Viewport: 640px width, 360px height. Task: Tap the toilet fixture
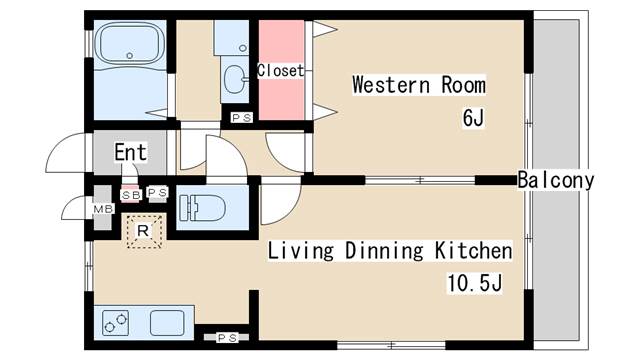click(x=202, y=208)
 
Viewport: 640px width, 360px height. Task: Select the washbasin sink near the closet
click(x=235, y=79)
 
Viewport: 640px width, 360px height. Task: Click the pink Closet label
click(x=280, y=71)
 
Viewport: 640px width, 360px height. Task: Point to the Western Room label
click(x=419, y=85)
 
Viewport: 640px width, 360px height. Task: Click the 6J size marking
click(x=473, y=118)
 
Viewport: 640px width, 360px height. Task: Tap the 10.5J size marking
click(x=475, y=283)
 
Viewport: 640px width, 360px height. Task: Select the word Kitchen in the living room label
click(x=473, y=250)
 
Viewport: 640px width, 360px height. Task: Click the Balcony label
click(x=556, y=180)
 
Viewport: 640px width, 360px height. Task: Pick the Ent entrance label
click(x=130, y=152)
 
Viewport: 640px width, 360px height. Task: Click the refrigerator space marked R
click(x=144, y=231)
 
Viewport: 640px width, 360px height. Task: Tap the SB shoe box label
click(x=131, y=196)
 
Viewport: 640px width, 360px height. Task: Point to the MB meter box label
click(x=103, y=209)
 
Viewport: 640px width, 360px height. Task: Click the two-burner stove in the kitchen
click(x=116, y=323)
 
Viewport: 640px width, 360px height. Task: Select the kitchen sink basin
click(x=167, y=323)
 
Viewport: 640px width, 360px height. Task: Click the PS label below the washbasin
click(x=242, y=118)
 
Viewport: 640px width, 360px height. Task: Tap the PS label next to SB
click(x=157, y=192)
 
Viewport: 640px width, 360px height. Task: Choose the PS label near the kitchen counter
click(x=227, y=338)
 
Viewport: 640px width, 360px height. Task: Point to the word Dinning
click(x=384, y=250)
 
